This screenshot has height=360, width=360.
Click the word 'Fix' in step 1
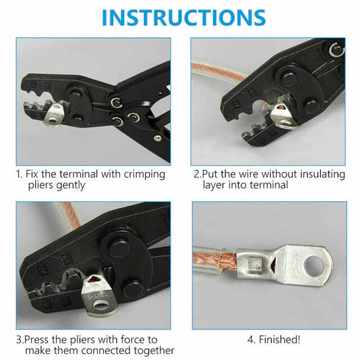35,174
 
